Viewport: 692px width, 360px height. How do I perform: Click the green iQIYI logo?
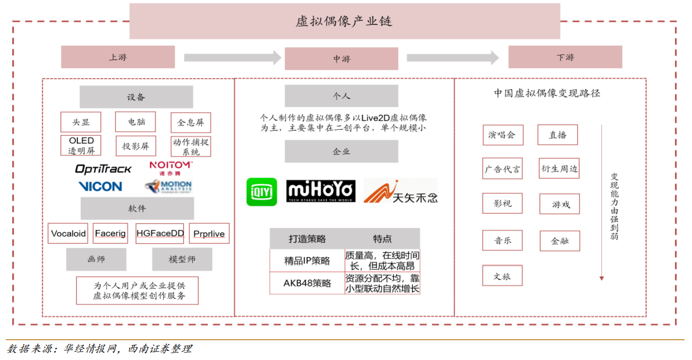point(262,192)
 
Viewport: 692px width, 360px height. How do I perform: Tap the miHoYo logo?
point(321,191)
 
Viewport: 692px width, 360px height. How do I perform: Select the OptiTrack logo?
point(103,169)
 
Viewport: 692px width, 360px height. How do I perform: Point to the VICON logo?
point(100,186)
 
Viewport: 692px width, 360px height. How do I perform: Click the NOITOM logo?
point(170,168)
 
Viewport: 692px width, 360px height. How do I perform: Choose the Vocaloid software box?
point(68,233)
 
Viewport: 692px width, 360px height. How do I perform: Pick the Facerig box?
point(110,233)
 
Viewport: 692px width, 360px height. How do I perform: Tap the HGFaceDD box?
point(160,233)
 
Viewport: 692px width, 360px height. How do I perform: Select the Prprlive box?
point(209,233)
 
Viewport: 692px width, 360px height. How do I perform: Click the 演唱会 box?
point(503,135)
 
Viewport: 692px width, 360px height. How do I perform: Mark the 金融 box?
point(560,241)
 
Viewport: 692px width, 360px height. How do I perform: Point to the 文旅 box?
point(502,276)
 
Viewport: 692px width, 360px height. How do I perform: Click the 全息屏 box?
point(191,122)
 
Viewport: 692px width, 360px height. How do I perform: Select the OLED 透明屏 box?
point(81,145)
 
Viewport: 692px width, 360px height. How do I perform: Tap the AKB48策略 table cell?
point(307,283)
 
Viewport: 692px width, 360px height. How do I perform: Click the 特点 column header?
point(382,239)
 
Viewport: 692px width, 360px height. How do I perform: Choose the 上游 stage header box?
point(118,57)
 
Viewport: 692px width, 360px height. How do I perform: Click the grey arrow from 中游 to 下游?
point(453,58)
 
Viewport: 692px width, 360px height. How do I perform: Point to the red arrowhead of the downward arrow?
point(602,278)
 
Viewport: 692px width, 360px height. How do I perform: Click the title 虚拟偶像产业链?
point(344,21)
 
